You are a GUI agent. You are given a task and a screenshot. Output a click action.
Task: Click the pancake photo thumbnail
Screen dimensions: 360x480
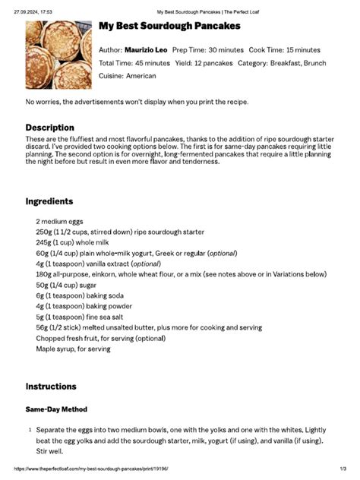pos(59,55)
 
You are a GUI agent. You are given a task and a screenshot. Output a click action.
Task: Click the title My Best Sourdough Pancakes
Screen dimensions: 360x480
pos(169,27)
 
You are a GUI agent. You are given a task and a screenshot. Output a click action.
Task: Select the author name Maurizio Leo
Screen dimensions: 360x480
pos(146,49)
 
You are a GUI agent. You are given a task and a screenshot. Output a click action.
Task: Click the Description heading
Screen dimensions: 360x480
pos(50,128)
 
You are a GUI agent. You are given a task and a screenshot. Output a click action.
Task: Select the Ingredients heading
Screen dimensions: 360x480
pos(49,201)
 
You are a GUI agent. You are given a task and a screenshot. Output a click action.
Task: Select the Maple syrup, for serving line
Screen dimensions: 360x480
pos(73,349)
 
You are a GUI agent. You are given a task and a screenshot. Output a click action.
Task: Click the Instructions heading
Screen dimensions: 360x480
pos(51,387)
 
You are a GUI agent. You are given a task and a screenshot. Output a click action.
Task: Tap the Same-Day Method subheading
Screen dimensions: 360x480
pos(56,409)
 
